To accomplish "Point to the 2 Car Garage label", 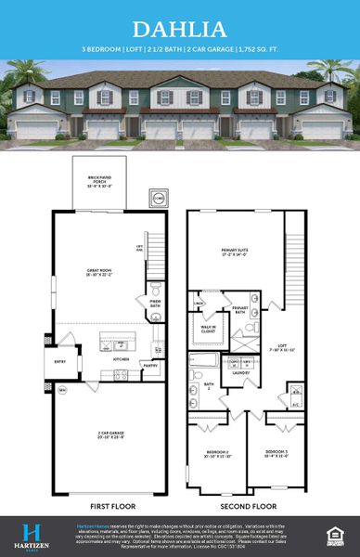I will click(x=99, y=434).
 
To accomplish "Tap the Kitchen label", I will click(x=121, y=358).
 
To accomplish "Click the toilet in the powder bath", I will click(x=156, y=317).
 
